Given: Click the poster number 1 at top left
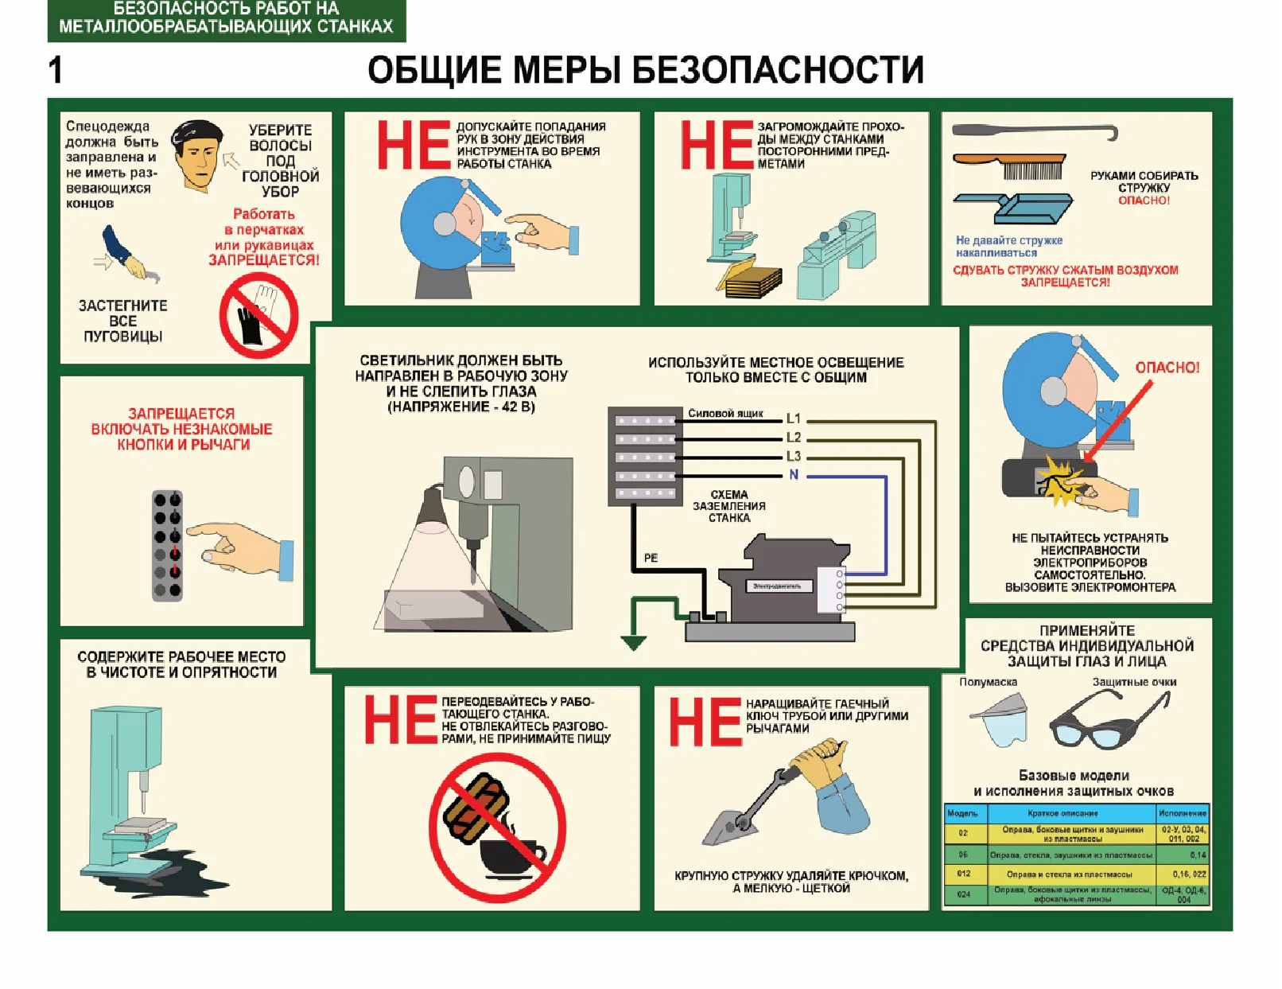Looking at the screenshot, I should coord(55,70).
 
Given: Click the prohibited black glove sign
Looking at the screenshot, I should coord(258,316).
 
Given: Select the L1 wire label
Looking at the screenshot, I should coord(793,419).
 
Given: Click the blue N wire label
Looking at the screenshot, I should coord(793,475).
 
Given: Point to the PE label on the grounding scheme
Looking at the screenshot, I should coord(651,558).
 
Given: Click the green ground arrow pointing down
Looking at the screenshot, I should coord(633,641).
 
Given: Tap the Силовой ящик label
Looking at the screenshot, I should coord(725,413).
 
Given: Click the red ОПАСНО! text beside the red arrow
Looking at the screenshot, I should coord(1167,368).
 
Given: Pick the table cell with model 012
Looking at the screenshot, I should coord(964,873).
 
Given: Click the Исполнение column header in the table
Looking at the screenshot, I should coord(1182,813).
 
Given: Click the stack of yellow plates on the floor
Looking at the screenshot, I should coord(751,282).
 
